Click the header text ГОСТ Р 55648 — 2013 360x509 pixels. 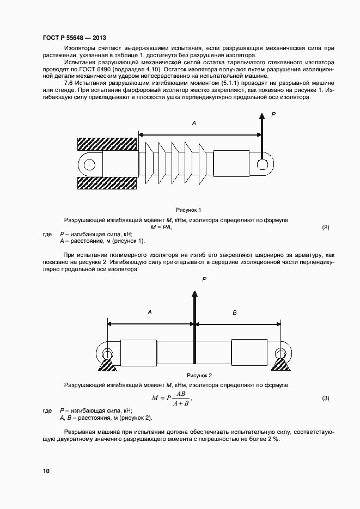coord(74,38)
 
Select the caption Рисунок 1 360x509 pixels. coord(188,210)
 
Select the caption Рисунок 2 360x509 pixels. coord(199,376)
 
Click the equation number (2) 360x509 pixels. coord(326,227)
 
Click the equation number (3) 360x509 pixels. coord(326,398)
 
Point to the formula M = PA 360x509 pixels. coord(161,227)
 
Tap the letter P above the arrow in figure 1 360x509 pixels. coord(273,114)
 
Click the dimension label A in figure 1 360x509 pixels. coord(193,124)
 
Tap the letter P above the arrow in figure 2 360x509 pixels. coord(204,279)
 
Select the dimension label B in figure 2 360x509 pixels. coord(235,312)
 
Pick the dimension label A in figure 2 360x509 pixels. coord(149,312)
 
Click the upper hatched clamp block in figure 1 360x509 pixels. coord(107,144)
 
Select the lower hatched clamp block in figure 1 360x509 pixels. coord(107,183)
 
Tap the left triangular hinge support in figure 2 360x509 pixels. coord(107,363)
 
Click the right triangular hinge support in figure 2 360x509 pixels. coord(281,363)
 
